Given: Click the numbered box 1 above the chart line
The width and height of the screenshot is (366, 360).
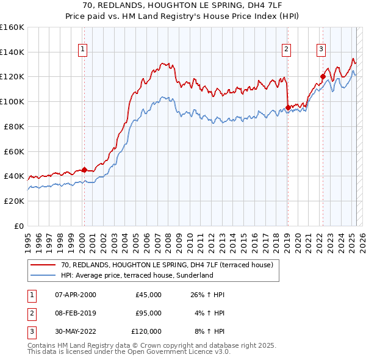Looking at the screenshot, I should (82, 50).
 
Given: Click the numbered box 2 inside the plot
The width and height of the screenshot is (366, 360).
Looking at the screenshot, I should (286, 50).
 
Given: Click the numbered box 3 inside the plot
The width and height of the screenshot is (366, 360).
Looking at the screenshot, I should (320, 50).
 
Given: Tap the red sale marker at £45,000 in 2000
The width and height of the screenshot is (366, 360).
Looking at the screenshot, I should (85, 170).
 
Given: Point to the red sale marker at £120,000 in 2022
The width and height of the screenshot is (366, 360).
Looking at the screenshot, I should (323, 76).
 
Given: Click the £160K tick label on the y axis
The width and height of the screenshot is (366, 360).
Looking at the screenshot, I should (12, 27).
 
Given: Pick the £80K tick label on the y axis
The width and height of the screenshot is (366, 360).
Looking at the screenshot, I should (15, 126).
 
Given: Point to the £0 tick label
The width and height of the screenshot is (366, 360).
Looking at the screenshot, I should (20, 226).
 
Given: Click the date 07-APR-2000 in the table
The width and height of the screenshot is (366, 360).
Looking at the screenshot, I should (75, 295).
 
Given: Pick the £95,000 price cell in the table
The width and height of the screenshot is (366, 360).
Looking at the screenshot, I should (148, 312).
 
